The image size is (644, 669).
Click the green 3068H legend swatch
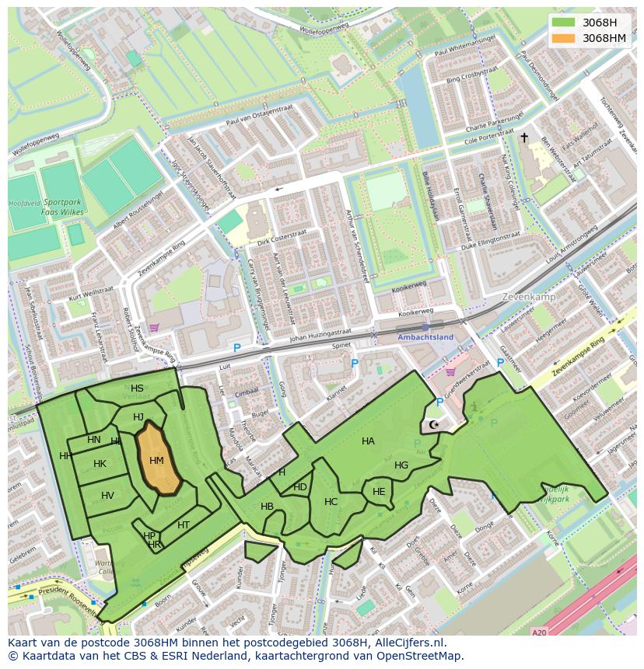pos(563,23)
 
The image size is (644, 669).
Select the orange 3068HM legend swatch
pos(563,38)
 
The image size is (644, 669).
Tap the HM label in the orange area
pos(156,461)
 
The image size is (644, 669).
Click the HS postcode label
pos(137,389)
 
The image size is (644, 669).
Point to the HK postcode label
pos(100,464)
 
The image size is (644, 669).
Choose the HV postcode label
pos(107,496)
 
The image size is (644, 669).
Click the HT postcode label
pos(184,525)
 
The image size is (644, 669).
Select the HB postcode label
pos(267,507)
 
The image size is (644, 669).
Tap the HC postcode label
pos(331,502)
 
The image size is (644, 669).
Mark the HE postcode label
pos(379,492)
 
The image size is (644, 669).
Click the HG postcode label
pos(401,465)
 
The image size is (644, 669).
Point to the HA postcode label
pos(368,441)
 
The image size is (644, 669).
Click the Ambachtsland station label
pos(424,337)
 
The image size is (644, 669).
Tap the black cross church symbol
pos(524,138)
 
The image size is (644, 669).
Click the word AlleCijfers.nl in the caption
pos(404,643)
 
